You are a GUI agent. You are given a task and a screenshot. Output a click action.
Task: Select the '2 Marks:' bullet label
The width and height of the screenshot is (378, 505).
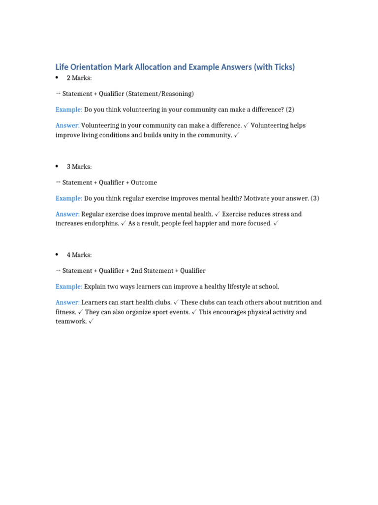79,78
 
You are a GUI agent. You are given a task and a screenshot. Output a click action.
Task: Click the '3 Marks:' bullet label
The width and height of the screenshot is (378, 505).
79,167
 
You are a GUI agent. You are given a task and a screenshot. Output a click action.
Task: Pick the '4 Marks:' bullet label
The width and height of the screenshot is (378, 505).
79,255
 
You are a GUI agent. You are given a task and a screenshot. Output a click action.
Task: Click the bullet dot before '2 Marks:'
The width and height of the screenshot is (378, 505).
58,78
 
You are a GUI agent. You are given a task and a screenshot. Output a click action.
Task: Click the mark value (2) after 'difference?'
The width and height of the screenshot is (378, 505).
290,109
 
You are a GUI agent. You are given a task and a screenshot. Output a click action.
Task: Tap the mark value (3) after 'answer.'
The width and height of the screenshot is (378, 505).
315,198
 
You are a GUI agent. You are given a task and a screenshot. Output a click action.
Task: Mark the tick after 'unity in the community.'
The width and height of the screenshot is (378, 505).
237,135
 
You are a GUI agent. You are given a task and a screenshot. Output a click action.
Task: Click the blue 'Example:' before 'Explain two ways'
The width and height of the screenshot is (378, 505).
69,287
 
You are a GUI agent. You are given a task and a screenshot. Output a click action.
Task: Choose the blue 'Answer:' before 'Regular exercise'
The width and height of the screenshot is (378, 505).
67,214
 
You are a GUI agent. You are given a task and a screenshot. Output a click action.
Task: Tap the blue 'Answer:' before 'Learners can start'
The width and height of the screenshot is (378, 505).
67,302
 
